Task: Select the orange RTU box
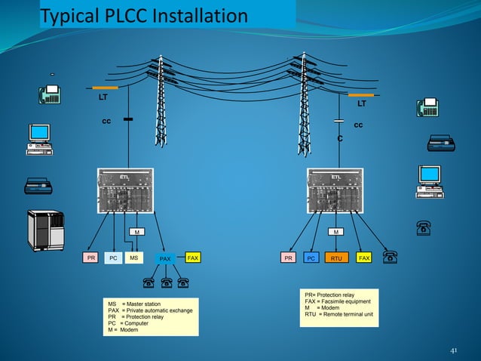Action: pyautogui.click(x=336, y=258)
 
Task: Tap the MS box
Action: pyautogui.click(x=133, y=258)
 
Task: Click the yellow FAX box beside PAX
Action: pyautogui.click(x=193, y=258)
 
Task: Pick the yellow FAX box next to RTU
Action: pyautogui.click(x=364, y=258)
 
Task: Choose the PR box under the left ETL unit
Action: pyautogui.click(x=91, y=258)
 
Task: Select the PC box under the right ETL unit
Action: pyautogui.click(x=310, y=258)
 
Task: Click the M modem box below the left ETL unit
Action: pyautogui.click(x=136, y=231)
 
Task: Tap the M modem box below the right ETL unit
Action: pyautogui.click(x=337, y=231)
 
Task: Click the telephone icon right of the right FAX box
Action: pyautogui.click(x=390, y=258)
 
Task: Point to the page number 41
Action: pyautogui.click(x=453, y=350)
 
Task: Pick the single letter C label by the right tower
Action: pyautogui.click(x=340, y=139)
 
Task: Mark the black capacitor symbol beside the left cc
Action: pyautogui.click(x=127, y=119)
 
